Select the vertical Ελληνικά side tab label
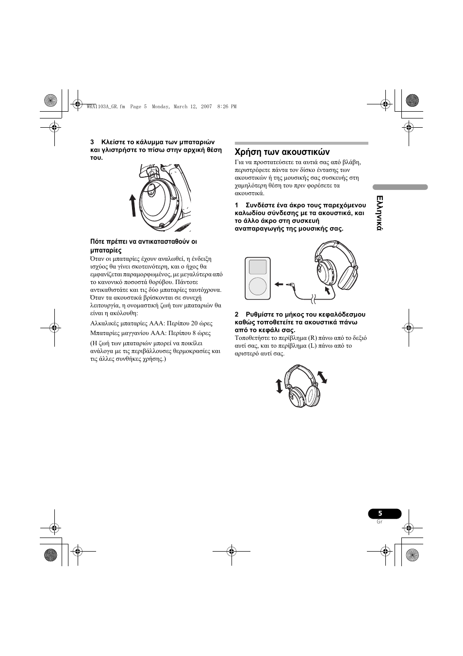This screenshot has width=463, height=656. [x=379, y=213]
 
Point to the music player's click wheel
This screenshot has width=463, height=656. [x=258, y=286]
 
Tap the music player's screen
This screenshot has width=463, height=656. [x=258, y=267]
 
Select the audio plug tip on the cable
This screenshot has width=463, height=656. [x=290, y=285]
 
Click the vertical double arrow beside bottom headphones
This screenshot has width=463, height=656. [x=279, y=386]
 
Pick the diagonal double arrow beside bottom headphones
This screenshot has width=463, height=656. [x=322, y=376]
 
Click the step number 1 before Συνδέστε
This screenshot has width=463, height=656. [x=237, y=205]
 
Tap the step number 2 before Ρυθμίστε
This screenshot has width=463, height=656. [x=237, y=315]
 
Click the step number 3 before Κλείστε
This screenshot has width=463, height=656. [x=92, y=142]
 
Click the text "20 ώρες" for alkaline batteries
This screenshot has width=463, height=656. [x=201, y=323]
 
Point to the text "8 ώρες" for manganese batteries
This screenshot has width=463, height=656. [x=201, y=334]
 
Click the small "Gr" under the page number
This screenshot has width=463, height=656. [x=380, y=522]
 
